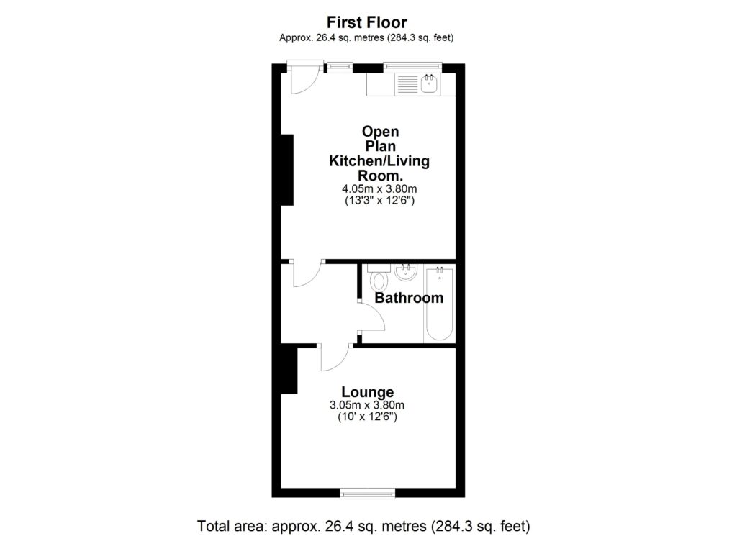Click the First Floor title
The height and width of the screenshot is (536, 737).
(367, 22)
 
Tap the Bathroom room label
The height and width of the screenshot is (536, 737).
(409, 298)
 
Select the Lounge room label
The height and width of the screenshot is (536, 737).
(368, 392)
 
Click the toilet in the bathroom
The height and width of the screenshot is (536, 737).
(379, 277)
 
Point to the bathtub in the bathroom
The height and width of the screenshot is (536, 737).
(438, 304)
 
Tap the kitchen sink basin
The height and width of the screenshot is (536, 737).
(429, 85)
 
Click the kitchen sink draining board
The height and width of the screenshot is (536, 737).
(407, 85)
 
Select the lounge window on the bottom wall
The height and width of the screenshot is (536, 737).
(368, 493)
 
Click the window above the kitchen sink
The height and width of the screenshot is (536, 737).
(412, 67)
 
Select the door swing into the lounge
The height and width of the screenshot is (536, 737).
(336, 359)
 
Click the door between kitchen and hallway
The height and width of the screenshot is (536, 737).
(307, 274)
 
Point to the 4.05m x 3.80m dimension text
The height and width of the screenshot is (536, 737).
(379, 188)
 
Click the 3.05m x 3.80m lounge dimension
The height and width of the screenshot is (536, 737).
(367, 405)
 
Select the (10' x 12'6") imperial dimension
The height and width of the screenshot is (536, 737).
(368, 417)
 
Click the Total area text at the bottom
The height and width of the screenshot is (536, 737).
(363, 526)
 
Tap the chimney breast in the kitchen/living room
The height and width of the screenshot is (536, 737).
(287, 170)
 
